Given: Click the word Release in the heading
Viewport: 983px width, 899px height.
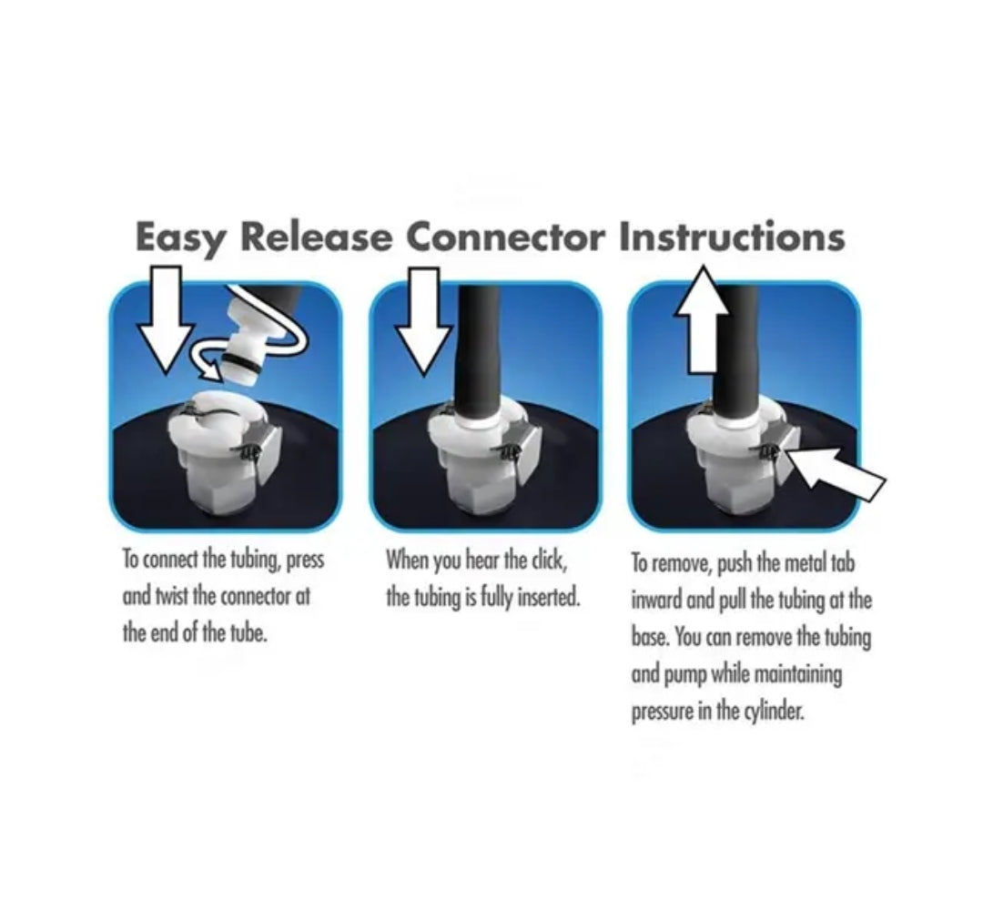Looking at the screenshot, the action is click(x=317, y=237).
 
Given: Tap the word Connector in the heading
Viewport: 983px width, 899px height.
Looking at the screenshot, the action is click(x=506, y=237).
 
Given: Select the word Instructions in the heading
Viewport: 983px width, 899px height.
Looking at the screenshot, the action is click(x=732, y=237).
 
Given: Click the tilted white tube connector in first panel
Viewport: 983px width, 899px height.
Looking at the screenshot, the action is click(x=256, y=338).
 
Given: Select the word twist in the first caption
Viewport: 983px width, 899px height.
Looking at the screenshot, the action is click(x=171, y=596).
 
